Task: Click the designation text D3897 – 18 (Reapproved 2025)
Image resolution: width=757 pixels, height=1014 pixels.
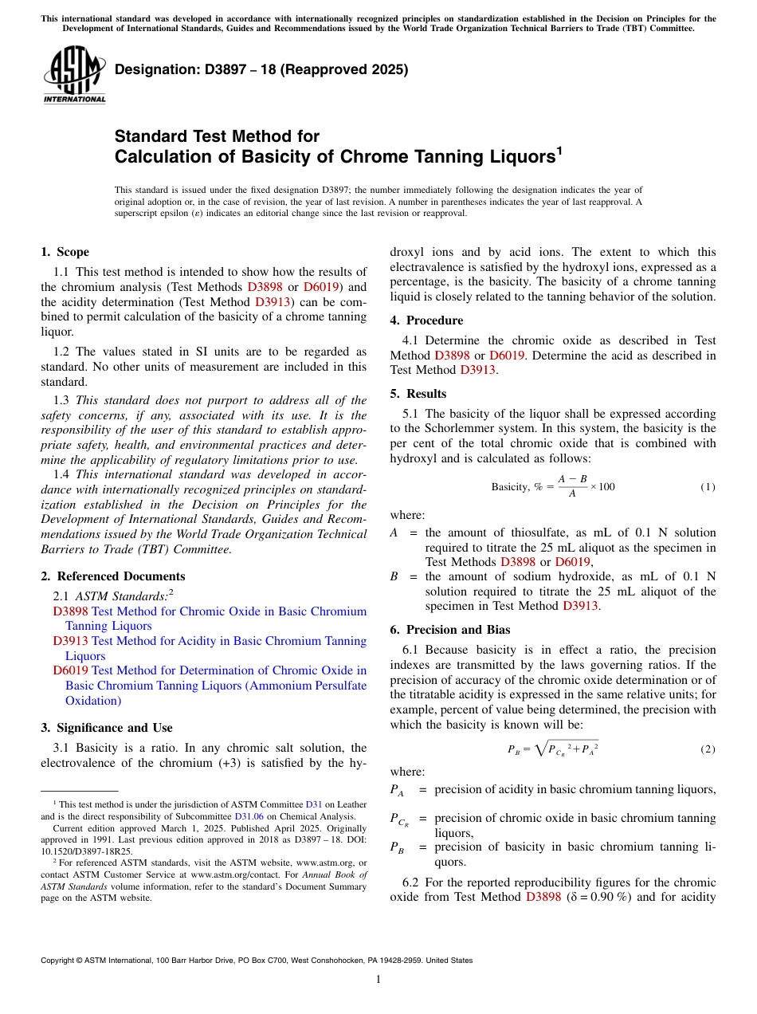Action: pyautogui.click(x=261, y=69)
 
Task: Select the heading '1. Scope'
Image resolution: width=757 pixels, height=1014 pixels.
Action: pyautogui.click(x=65, y=252)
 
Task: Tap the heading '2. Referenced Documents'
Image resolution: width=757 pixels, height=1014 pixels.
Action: pyautogui.click(x=113, y=576)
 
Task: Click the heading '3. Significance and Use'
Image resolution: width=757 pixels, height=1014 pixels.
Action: pyautogui.click(x=107, y=728)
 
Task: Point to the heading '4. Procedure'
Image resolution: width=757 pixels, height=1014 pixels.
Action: pyautogui.click(x=426, y=320)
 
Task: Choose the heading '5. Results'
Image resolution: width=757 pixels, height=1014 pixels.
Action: pyautogui.click(x=418, y=394)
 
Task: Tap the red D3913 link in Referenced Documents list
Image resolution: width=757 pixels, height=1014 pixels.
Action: pyautogui.click(x=70, y=641)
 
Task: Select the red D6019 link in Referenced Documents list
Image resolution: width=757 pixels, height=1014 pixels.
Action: pyautogui.click(x=70, y=670)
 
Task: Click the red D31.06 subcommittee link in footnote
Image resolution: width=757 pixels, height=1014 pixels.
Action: pyautogui.click(x=249, y=817)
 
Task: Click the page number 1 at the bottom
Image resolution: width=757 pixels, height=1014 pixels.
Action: pyautogui.click(x=378, y=979)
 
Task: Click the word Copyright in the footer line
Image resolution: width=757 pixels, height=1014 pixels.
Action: pyautogui.click(x=61, y=961)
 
